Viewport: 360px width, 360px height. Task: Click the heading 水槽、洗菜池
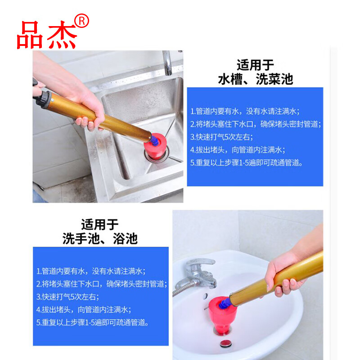point(255,79)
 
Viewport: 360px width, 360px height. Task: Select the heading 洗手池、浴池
point(100,238)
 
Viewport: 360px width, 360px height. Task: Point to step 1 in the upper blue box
point(245,111)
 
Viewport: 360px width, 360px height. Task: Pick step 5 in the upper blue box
point(252,162)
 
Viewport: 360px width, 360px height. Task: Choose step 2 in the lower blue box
point(102,284)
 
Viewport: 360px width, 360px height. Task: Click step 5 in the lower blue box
point(99,322)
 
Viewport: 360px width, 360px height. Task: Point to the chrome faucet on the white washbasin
point(198,274)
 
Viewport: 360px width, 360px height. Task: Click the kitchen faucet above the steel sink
point(168,63)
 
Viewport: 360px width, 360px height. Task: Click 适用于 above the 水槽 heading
point(255,65)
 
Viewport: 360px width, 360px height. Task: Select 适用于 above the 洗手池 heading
point(100,224)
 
